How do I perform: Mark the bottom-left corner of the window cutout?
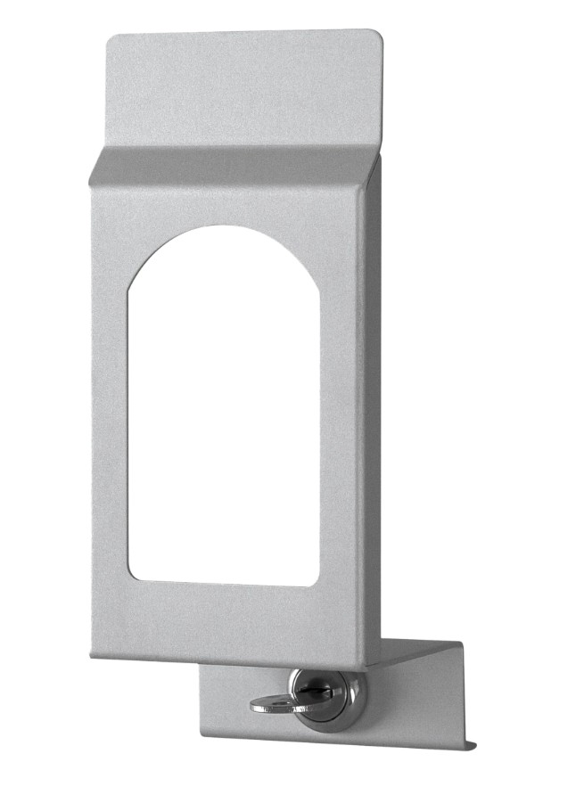point(131,578)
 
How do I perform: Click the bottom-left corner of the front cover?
point(92,656)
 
